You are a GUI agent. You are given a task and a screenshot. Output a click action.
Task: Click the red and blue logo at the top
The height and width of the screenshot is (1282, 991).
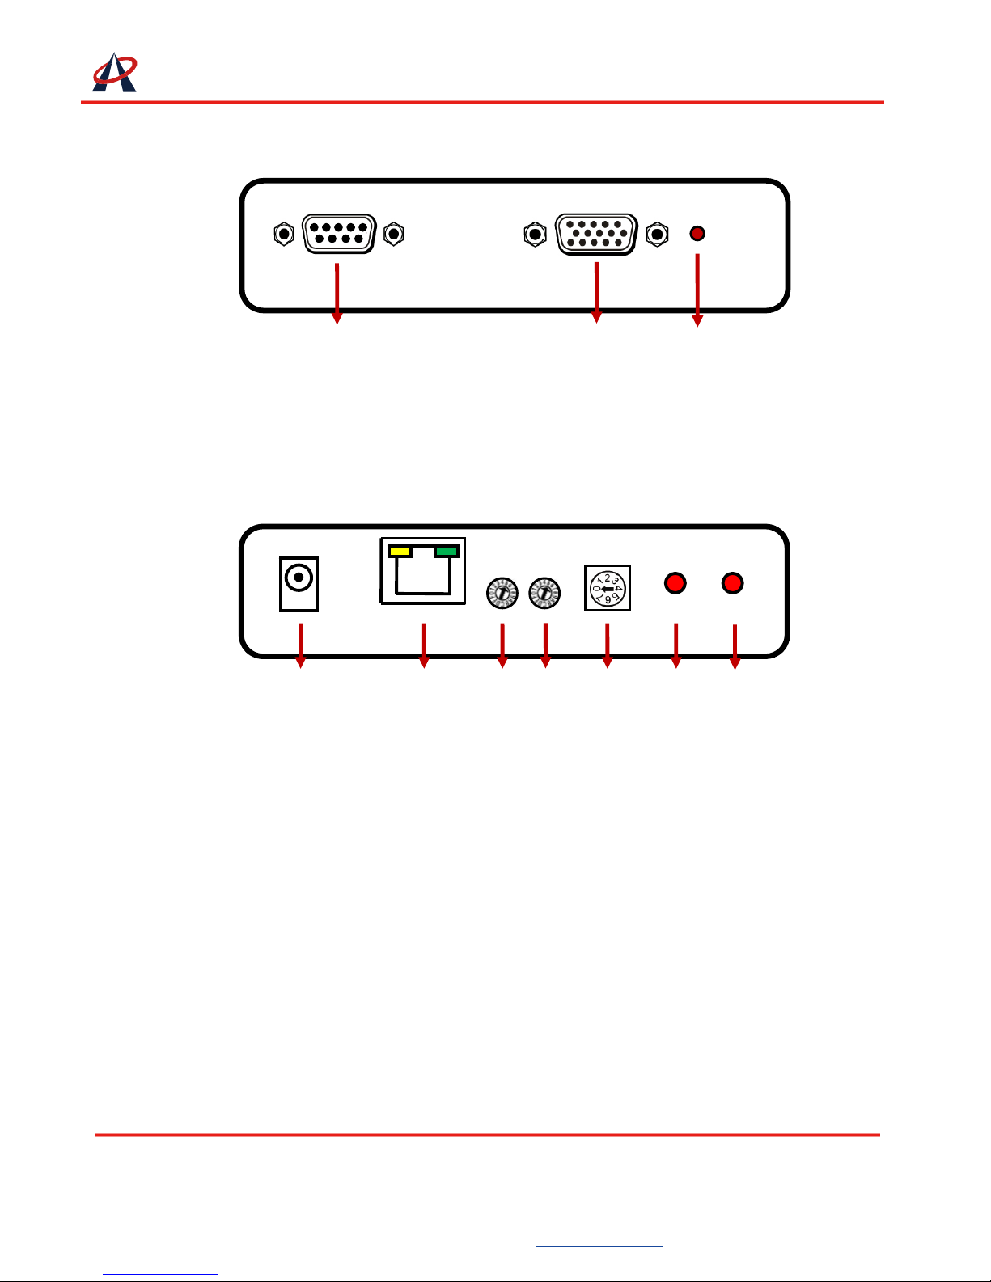coord(114,73)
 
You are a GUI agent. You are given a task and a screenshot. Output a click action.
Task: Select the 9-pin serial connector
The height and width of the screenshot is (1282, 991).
coord(339,234)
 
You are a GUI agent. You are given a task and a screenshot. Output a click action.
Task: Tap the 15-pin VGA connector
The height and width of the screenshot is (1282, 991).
coord(596,234)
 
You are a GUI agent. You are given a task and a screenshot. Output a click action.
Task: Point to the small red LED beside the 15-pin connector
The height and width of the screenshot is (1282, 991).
coord(697,234)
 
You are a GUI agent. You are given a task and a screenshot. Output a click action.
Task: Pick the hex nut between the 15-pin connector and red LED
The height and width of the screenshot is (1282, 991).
coord(658,234)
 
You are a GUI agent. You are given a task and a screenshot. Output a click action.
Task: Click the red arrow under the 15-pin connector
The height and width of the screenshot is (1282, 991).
coord(596,292)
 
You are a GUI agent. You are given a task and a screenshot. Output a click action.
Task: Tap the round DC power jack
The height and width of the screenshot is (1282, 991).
coord(299,578)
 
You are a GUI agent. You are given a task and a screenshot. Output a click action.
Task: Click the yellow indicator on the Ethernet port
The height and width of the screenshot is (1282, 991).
coord(400,552)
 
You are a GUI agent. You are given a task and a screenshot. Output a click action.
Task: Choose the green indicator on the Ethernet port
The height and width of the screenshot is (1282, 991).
coord(447,552)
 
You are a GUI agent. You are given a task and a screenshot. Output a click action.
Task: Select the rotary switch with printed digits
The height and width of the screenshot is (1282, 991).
coord(607,588)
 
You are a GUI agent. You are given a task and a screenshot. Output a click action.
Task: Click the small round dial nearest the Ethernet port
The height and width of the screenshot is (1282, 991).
coord(502,593)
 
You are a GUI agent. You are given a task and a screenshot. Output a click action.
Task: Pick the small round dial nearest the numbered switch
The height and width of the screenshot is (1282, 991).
coord(544,593)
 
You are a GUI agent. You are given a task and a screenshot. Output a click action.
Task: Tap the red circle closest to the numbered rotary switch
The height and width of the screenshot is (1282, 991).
coord(675,583)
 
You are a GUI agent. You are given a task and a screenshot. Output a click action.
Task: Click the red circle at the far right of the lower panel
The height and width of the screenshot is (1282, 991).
coord(732,583)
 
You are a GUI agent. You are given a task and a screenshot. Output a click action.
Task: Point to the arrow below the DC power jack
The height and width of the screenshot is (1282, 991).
coord(300,645)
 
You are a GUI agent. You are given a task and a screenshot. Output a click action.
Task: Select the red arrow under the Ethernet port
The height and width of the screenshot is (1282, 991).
coord(423,645)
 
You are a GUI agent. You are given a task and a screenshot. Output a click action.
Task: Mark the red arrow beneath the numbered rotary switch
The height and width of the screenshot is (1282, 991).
coord(607,645)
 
